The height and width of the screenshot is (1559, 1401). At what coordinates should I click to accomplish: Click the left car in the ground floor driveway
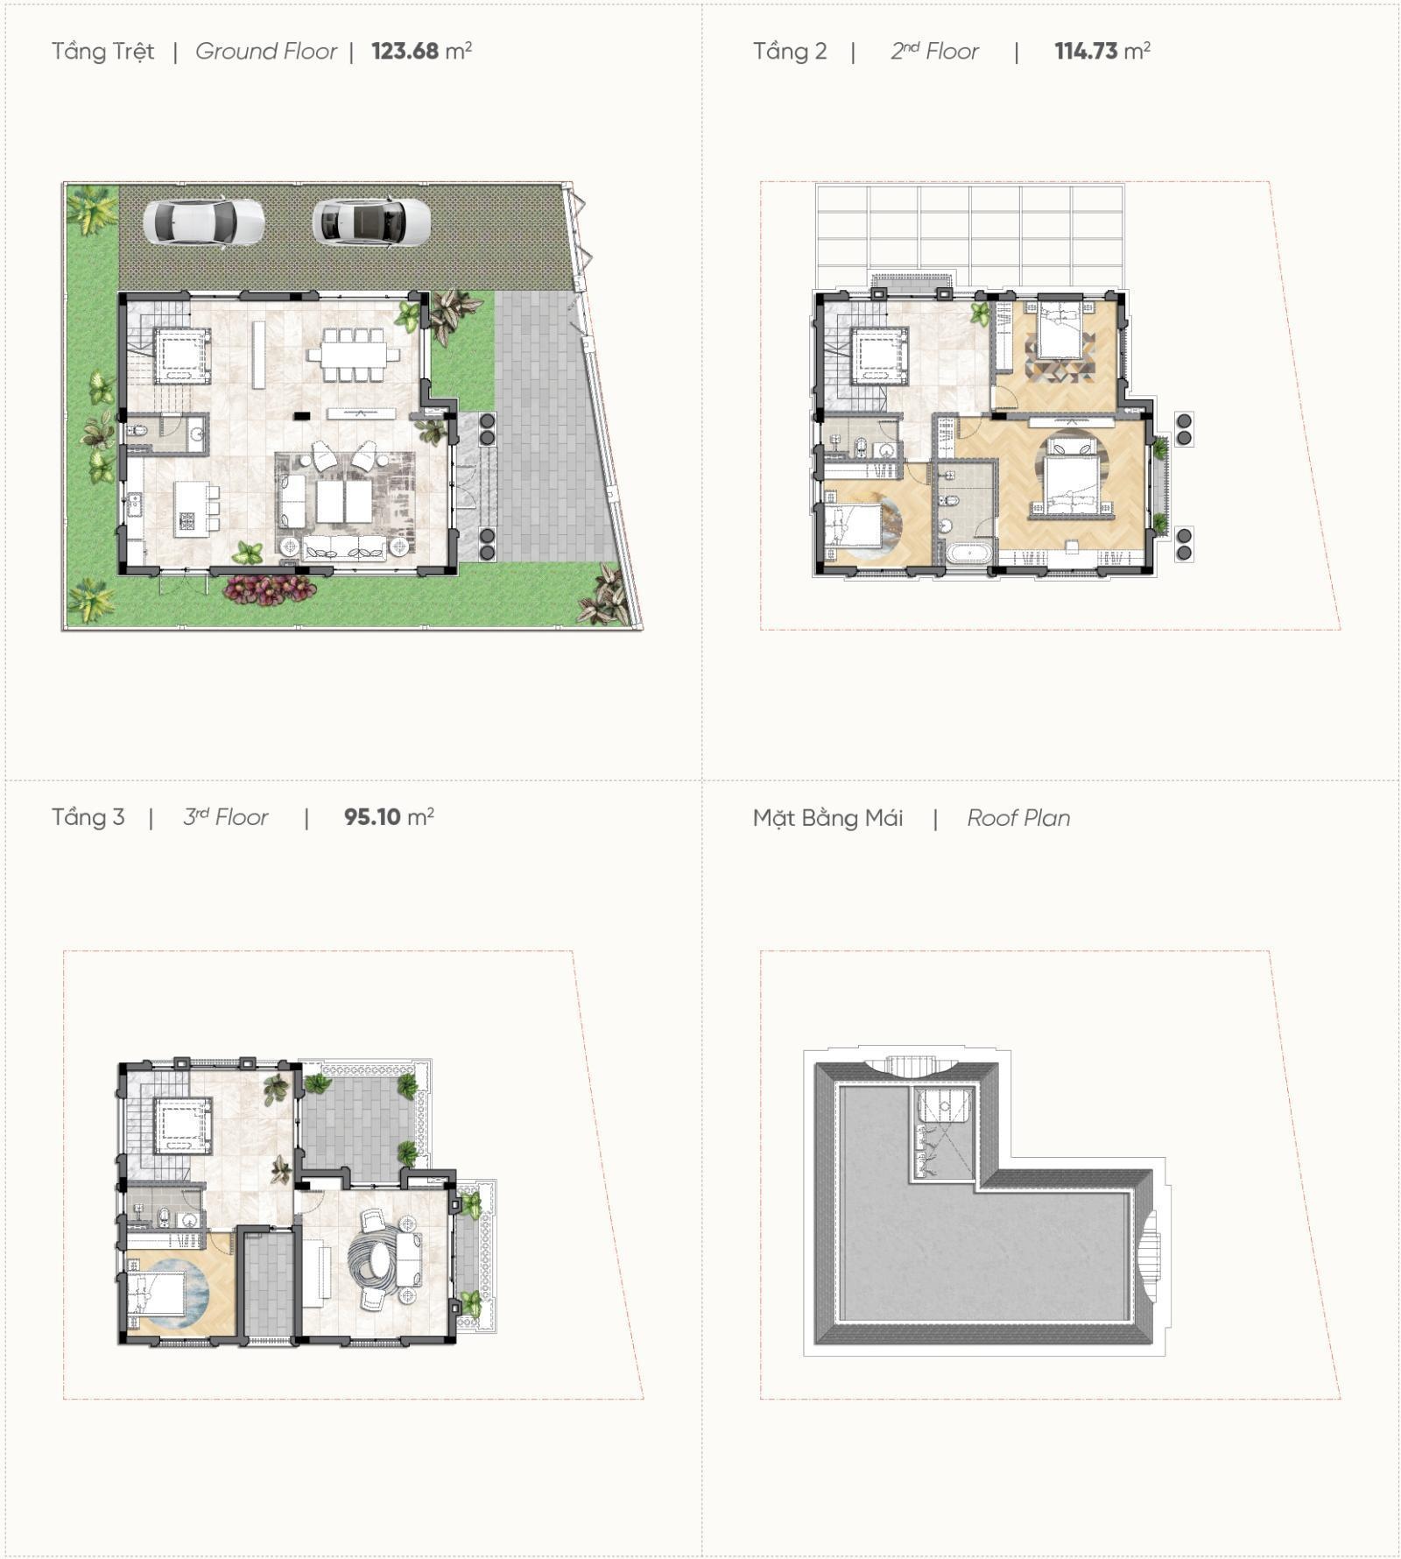(x=203, y=222)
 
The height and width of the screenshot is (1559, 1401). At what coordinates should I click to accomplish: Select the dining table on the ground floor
(x=352, y=354)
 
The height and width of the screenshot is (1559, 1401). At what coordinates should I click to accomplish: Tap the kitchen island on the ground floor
(x=189, y=509)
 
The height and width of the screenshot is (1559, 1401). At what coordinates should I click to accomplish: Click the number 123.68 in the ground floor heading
(x=405, y=51)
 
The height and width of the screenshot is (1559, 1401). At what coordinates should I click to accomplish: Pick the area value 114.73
(x=1086, y=51)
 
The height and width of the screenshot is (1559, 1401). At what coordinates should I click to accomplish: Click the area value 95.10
(x=372, y=817)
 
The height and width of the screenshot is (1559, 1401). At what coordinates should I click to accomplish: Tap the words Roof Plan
(x=1018, y=818)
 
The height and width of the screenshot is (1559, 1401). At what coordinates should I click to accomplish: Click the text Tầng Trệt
(x=102, y=52)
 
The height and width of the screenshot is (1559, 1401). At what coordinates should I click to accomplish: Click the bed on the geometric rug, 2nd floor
(x=1060, y=329)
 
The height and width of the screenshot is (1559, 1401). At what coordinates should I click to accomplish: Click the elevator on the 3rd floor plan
(x=183, y=1126)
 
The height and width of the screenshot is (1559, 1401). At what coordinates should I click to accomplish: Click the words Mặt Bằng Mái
(x=827, y=818)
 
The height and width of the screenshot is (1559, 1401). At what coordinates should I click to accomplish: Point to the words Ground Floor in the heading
(x=266, y=51)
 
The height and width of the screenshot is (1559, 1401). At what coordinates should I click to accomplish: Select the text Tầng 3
(x=88, y=817)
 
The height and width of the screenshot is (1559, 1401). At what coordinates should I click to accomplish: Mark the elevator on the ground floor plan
(x=183, y=356)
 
